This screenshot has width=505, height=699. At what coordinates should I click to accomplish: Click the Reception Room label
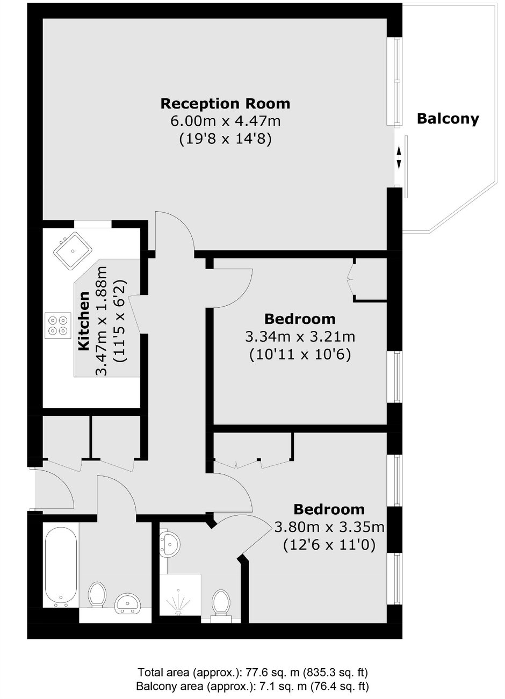(x=225, y=104)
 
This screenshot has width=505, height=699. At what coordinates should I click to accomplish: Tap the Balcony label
(x=448, y=119)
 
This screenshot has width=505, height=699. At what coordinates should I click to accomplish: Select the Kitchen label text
(x=84, y=321)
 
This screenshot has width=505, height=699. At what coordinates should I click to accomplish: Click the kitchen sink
(x=73, y=251)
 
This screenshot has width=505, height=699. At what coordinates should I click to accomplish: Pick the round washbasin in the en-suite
(x=169, y=544)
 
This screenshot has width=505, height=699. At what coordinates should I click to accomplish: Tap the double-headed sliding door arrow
(x=399, y=158)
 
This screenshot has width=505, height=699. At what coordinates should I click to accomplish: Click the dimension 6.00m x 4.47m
(x=225, y=121)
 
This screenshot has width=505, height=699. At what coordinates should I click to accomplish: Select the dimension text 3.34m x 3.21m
(x=300, y=337)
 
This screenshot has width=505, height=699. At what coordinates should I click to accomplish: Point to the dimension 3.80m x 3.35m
(x=329, y=527)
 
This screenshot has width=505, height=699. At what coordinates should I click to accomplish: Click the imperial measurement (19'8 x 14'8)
(x=225, y=139)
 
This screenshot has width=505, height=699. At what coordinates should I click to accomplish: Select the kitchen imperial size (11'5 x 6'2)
(x=121, y=321)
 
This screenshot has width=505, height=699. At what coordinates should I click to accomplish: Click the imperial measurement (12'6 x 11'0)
(x=329, y=545)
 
